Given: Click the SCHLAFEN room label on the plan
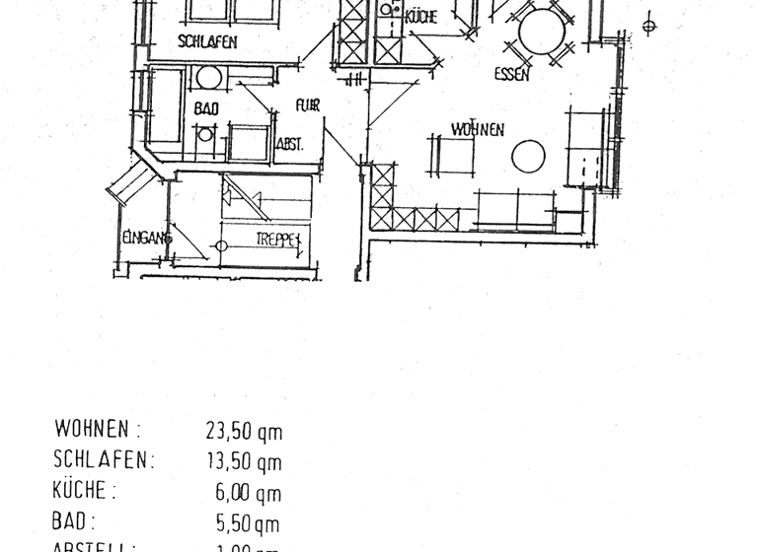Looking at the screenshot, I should point(207,41).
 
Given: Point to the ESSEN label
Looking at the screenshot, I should point(512,74).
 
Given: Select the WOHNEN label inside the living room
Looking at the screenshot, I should point(478,129).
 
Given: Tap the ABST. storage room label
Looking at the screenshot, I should point(288,145).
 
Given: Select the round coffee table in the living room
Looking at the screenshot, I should point(529,156).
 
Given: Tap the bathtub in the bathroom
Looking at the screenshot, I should point(165,106).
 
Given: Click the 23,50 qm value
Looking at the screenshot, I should point(243,430).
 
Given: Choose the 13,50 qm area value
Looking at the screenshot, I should point(243,461).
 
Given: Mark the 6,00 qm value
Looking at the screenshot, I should point(248,493).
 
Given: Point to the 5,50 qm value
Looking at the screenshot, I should point(247,523).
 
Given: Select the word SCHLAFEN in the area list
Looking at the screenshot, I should point(103,460).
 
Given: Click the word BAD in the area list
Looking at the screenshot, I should point(71,522).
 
